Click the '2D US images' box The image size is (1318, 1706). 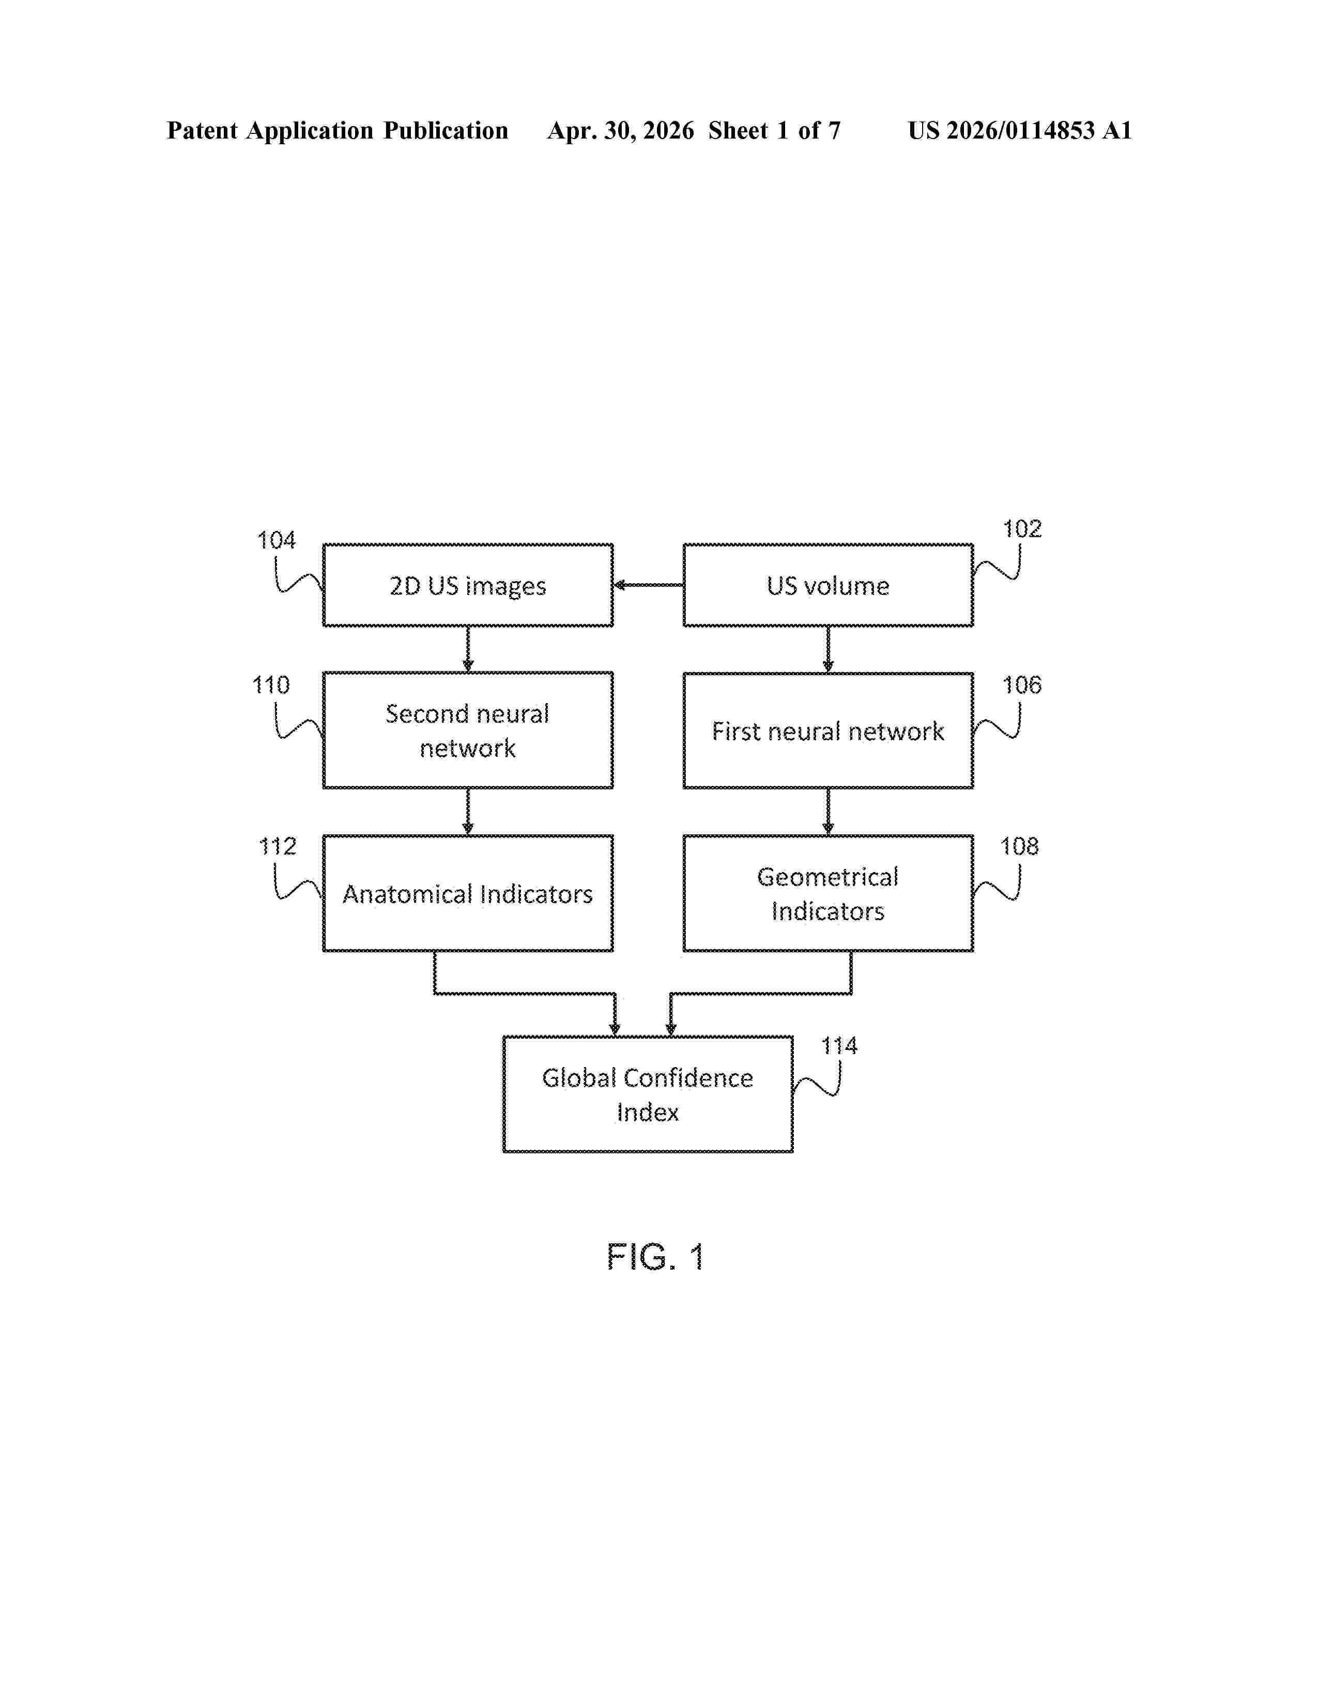[x=468, y=585]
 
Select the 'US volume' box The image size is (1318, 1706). [x=827, y=585]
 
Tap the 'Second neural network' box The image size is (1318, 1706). [x=468, y=730]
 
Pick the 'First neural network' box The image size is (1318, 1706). [x=827, y=730]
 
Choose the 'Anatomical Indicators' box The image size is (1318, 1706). [x=468, y=893]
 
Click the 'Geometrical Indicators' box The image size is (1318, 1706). [x=827, y=893]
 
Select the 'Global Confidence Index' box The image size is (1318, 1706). [x=647, y=1094]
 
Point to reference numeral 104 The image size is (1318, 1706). [x=277, y=541]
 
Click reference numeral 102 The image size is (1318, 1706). [x=1022, y=529]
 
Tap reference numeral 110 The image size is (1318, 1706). [x=271, y=685]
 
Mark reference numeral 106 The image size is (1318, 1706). [x=1022, y=685]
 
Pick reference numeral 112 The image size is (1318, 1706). [x=277, y=846]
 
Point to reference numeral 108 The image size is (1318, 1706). [x=1020, y=846]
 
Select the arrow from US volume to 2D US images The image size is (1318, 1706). [x=648, y=585]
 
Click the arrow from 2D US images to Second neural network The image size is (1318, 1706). [x=468, y=649]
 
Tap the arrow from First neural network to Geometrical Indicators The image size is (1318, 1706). [x=827, y=812]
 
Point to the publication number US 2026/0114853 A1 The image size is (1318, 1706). [x=1020, y=130]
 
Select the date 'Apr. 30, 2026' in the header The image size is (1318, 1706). [x=621, y=130]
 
